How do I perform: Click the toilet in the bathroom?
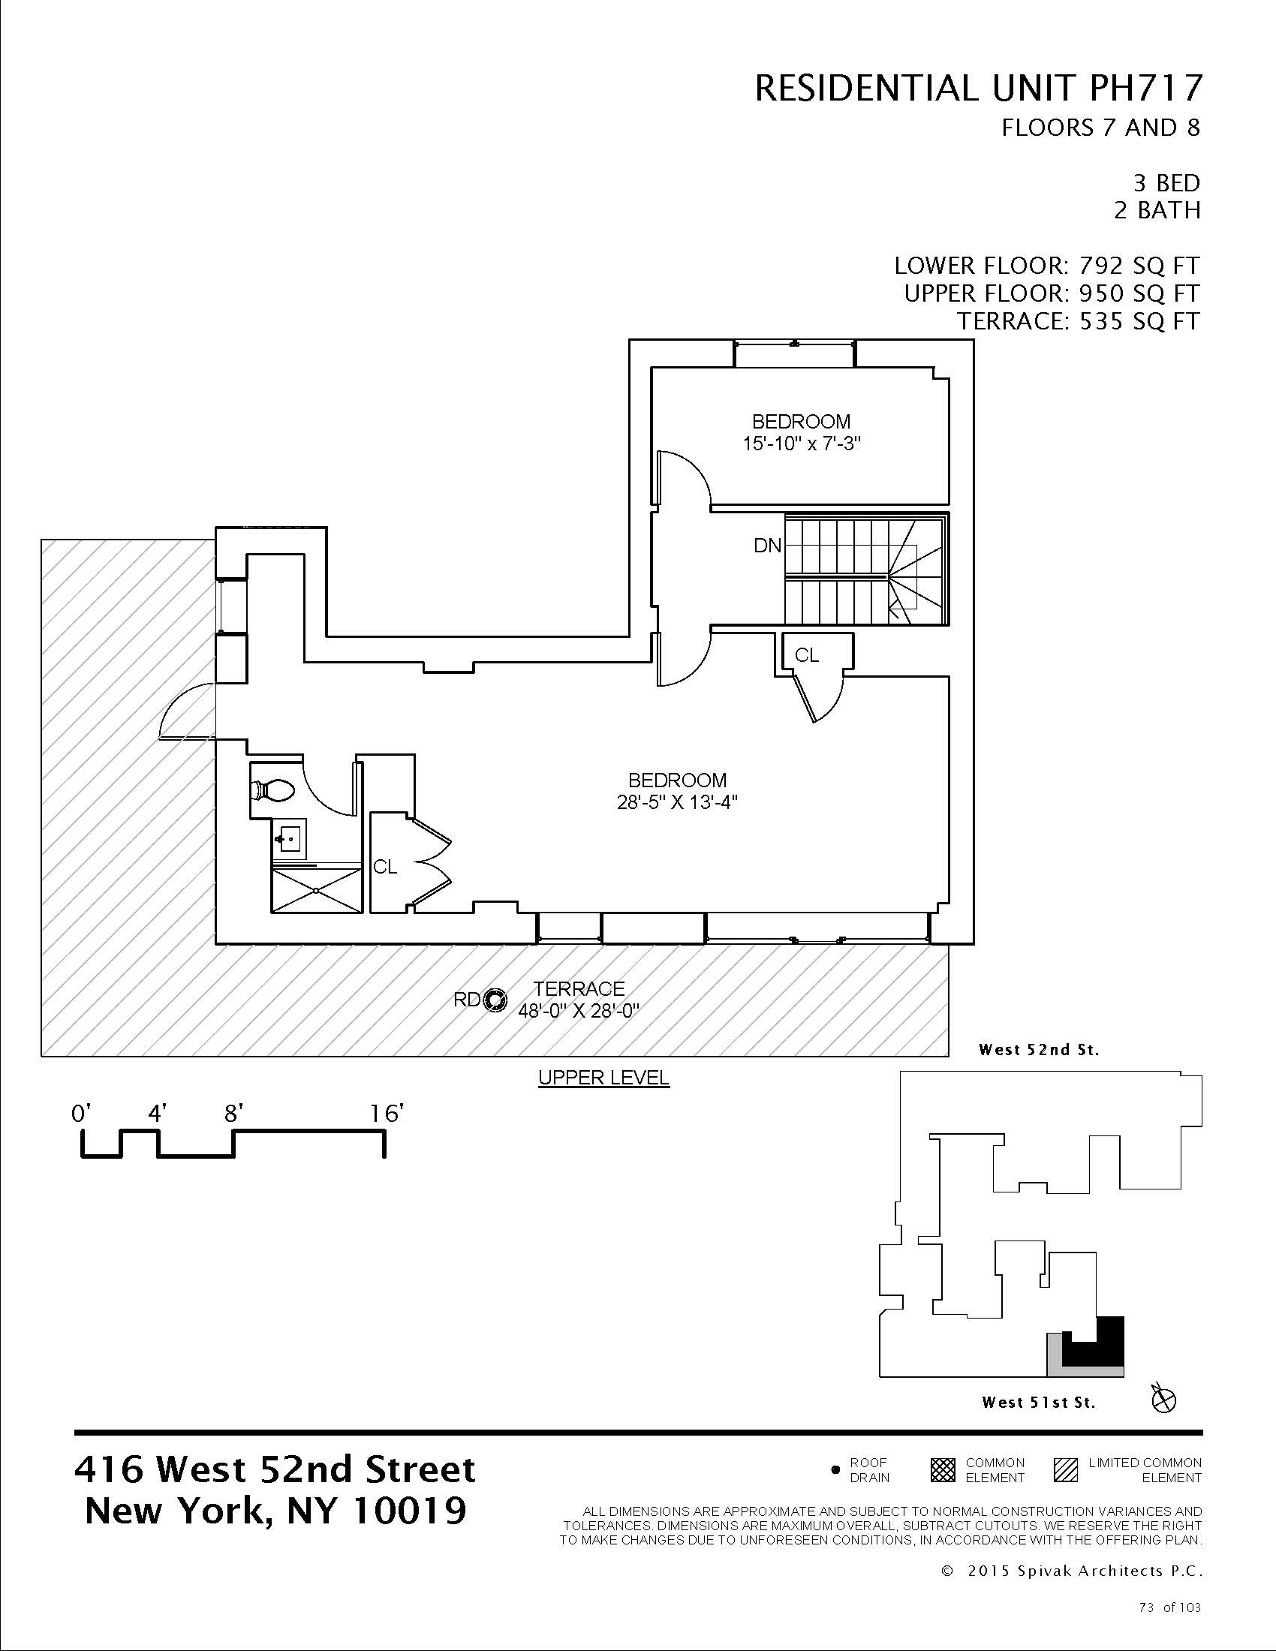pyautogui.click(x=272, y=791)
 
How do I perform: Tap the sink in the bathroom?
pyautogui.click(x=289, y=838)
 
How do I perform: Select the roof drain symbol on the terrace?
pyautogui.click(x=495, y=1000)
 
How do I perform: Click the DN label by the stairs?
pyautogui.click(x=768, y=545)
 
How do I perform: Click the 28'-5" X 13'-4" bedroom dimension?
pyautogui.click(x=676, y=802)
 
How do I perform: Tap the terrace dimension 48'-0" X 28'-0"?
pyautogui.click(x=578, y=1011)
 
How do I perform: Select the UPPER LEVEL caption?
pyautogui.click(x=603, y=1077)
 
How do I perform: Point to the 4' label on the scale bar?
pyautogui.click(x=157, y=1114)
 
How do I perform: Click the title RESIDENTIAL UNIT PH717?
pyautogui.click(x=977, y=89)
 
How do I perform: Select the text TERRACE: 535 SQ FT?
pyautogui.click(x=1079, y=321)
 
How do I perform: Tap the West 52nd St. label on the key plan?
pyautogui.click(x=1039, y=1049)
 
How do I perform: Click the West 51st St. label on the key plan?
pyautogui.click(x=1039, y=1403)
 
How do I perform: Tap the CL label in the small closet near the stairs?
pyautogui.click(x=807, y=655)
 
